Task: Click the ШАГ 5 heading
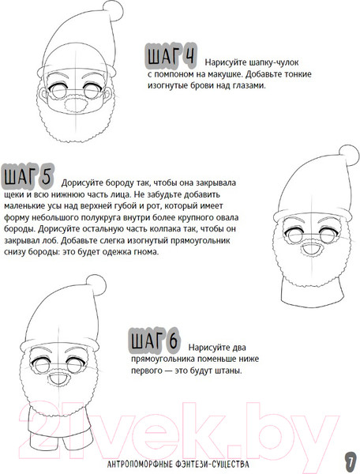(28, 175)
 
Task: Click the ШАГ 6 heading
(155, 340)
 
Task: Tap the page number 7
(351, 462)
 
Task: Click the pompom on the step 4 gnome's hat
(113, 11)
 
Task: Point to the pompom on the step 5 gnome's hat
(349, 156)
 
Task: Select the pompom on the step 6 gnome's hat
(96, 285)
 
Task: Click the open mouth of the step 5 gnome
(312, 250)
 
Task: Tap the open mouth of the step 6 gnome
(58, 378)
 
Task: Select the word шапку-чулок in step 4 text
(274, 62)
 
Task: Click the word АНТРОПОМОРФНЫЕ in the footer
(140, 464)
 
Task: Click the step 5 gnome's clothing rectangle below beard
(313, 292)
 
